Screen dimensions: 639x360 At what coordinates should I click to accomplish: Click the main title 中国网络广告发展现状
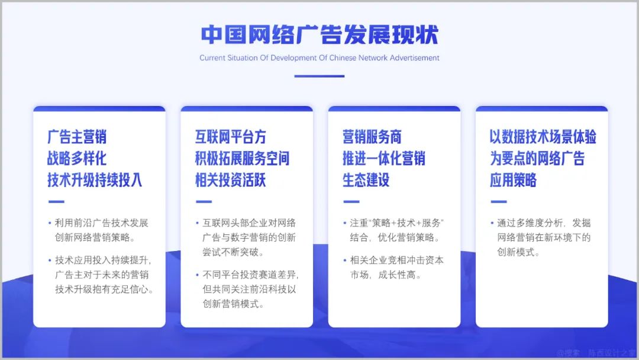(319, 34)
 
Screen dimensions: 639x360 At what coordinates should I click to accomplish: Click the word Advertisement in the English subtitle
(414, 58)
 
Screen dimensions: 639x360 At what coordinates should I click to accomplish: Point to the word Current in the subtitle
(212, 58)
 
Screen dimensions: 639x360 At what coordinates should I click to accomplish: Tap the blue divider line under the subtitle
(319, 76)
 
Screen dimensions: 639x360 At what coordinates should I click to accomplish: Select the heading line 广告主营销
(77, 137)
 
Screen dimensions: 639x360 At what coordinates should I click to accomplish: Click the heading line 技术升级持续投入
(95, 180)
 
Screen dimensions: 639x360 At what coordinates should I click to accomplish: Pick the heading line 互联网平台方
(231, 137)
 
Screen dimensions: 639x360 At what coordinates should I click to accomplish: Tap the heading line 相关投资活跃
(231, 180)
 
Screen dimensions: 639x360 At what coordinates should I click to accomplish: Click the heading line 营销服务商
(372, 137)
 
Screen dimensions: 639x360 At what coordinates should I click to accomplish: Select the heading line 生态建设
(366, 180)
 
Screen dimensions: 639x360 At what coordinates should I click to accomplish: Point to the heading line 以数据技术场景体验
(543, 137)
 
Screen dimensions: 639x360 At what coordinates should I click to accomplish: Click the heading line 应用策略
(514, 180)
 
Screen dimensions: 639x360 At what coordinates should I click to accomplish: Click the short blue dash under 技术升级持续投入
(56, 201)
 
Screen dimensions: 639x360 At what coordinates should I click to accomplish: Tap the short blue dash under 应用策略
(499, 201)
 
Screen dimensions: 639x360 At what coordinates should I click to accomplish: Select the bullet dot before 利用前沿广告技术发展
(50, 223)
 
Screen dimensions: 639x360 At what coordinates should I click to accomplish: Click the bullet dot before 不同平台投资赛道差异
(197, 275)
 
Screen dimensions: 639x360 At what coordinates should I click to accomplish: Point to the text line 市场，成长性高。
(386, 275)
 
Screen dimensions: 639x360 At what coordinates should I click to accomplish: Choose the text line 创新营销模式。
(233, 304)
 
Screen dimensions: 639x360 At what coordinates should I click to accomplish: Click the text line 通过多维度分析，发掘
(544, 223)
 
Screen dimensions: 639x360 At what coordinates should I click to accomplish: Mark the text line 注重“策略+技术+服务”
(396, 223)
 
